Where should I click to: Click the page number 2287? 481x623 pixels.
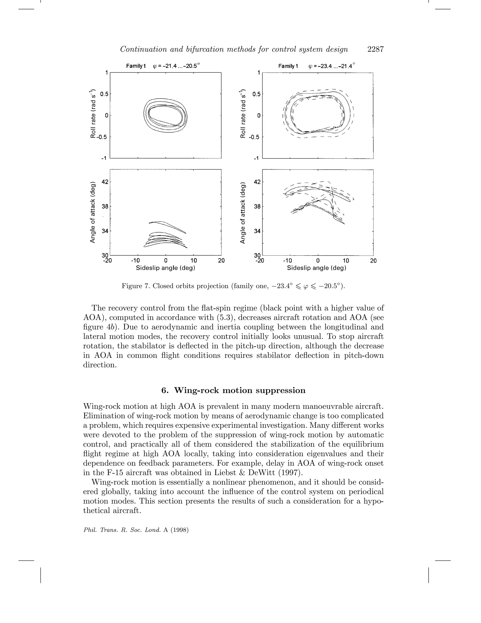(x=375, y=49)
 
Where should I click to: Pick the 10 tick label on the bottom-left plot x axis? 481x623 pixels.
(x=194, y=260)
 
